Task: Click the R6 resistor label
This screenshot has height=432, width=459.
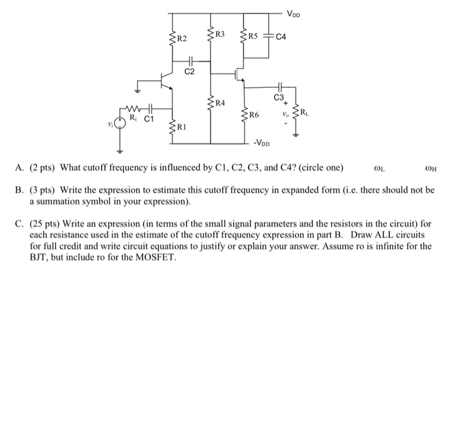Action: click(x=255, y=115)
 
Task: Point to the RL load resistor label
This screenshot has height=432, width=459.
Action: click(x=307, y=115)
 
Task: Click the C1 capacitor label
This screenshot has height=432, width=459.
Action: click(x=149, y=120)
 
